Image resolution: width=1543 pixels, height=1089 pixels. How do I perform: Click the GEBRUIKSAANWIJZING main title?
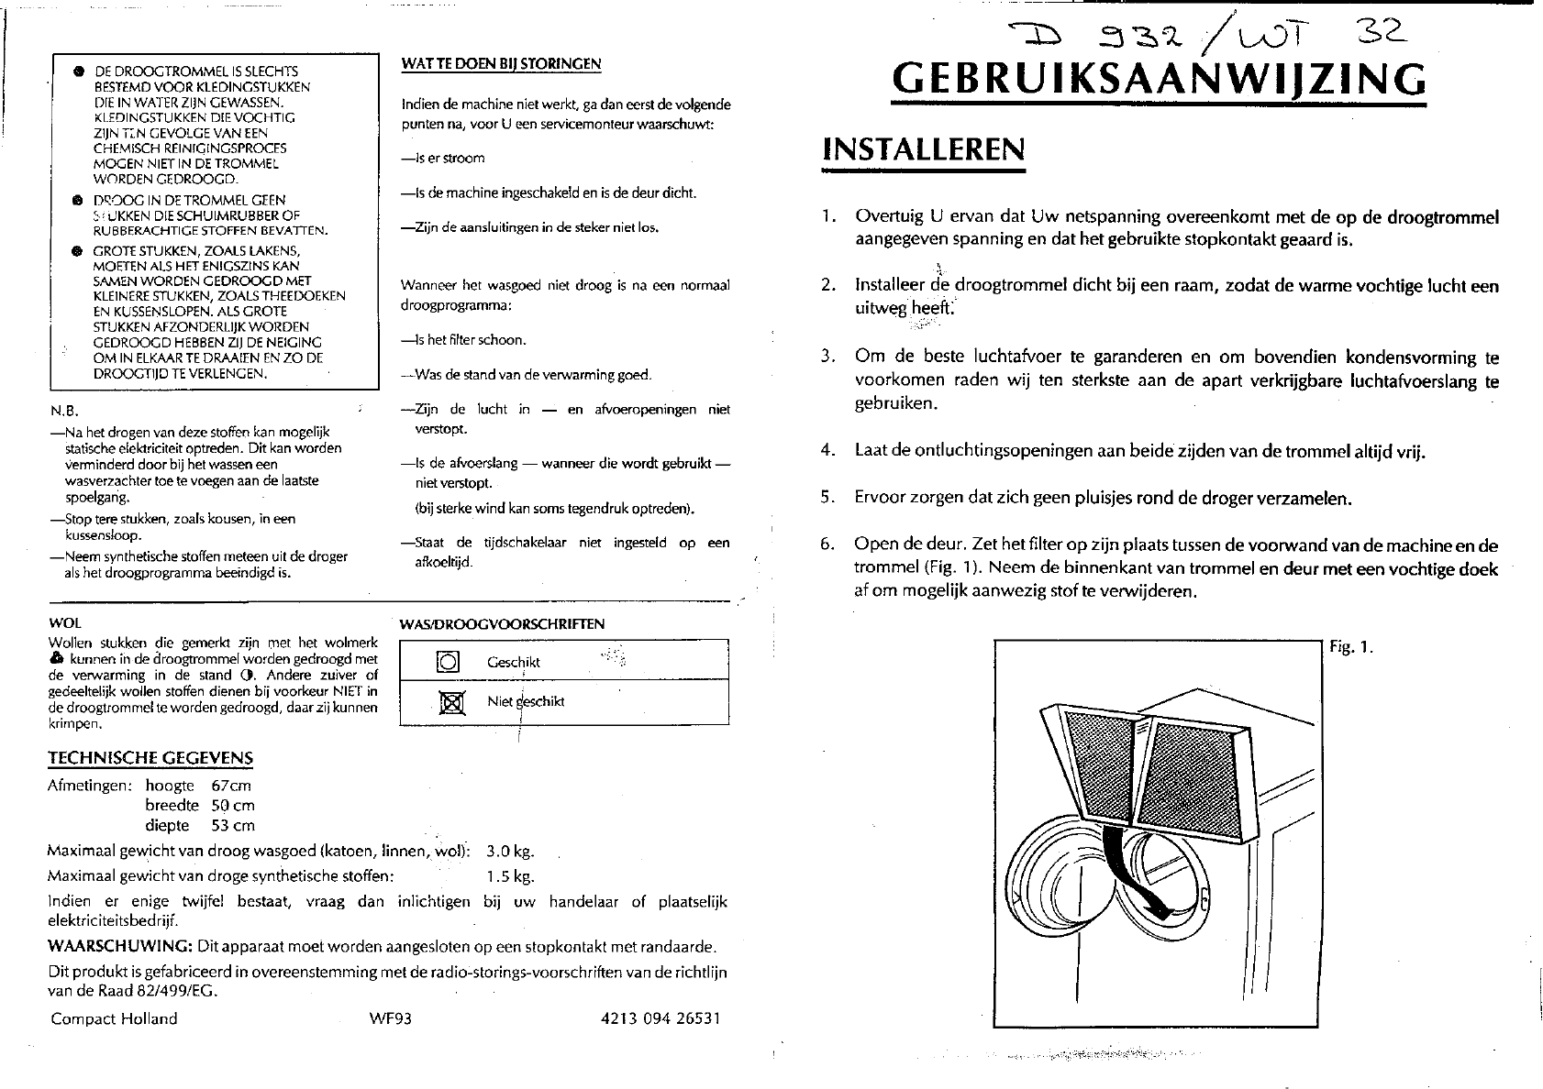[1159, 80]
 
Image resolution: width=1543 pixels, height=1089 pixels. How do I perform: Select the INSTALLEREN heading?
[923, 149]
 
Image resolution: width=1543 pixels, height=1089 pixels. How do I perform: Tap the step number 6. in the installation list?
[828, 544]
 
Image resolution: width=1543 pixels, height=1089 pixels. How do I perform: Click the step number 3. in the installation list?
[828, 357]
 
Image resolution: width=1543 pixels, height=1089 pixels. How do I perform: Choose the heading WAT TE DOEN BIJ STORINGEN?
[502, 63]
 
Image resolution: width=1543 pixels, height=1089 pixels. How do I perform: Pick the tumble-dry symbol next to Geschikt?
[448, 662]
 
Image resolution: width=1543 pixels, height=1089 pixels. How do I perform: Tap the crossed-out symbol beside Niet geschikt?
[448, 703]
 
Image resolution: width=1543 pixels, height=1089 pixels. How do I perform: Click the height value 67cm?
[230, 786]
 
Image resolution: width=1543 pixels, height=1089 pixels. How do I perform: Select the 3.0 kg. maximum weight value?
[510, 851]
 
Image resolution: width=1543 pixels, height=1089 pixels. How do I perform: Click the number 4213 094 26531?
[658, 1018]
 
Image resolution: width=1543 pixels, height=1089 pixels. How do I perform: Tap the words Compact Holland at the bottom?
[115, 1018]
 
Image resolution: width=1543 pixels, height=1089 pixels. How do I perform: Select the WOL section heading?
[64, 623]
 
